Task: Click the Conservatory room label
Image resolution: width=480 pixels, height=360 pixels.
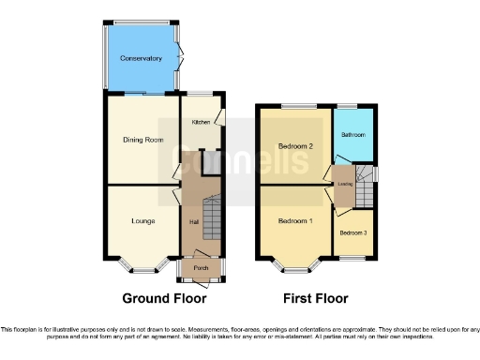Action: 141,58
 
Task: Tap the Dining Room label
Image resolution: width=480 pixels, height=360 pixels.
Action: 142,140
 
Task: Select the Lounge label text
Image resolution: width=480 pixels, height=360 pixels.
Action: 142,221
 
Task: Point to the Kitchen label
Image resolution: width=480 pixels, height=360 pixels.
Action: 202,122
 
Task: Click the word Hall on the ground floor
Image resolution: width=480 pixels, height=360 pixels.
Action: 194,222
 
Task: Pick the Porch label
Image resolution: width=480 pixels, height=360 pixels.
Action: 201,267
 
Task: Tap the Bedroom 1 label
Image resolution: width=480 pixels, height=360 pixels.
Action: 295,221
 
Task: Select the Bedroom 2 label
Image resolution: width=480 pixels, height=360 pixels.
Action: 295,146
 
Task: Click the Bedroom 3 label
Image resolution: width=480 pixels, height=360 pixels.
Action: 352,232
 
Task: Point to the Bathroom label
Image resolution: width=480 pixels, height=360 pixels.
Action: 352,135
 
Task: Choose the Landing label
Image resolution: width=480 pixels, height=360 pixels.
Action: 344,185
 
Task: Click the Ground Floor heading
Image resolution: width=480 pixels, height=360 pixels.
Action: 164,298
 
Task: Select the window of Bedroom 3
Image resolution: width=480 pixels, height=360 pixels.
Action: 352,257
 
